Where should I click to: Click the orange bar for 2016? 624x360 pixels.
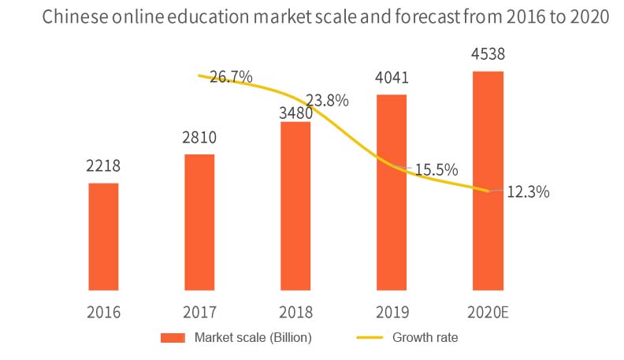click(103, 236)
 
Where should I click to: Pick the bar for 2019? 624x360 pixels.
click(392, 192)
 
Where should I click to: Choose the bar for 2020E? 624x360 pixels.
click(488, 180)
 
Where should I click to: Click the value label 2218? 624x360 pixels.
click(103, 168)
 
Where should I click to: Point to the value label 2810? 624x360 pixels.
click(199, 139)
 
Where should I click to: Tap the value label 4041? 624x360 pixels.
click(392, 80)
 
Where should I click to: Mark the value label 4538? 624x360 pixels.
click(488, 56)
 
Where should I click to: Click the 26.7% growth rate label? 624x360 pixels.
click(231, 77)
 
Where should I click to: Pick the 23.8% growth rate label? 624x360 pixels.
click(327, 101)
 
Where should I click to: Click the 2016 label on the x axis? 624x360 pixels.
click(103, 312)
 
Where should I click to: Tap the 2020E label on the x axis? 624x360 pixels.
click(488, 312)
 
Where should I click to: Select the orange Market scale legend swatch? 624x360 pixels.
click(172, 339)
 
